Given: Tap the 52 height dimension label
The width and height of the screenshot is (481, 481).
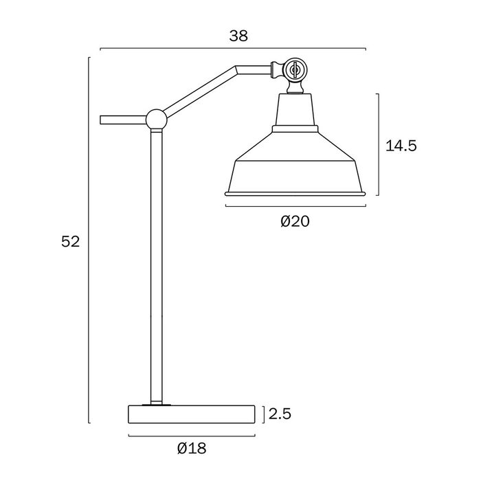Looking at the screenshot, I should pyautogui.click(x=71, y=241).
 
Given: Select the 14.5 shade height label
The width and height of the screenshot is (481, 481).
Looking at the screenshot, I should pyautogui.click(x=401, y=146).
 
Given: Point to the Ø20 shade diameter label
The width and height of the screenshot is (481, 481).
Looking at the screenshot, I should pyautogui.click(x=295, y=221).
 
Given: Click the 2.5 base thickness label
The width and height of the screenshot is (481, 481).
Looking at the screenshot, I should pyautogui.click(x=281, y=414).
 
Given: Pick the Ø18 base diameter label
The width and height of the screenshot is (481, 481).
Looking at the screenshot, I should pyautogui.click(x=192, y=448).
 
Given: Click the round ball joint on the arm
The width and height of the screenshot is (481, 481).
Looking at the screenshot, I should pyautogui.click(x=156, y=120).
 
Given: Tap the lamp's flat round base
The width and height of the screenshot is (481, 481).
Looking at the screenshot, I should pyautogui.click(x=192, y=414).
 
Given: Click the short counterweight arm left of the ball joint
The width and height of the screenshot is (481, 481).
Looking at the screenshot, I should pyautogui.click(x=122, y=120).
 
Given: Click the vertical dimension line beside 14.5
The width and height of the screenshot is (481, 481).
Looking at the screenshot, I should pyautogui.click(x=379, y=146).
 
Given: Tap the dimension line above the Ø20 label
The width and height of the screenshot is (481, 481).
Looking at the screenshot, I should pyautogui.click(x=295, y=205).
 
